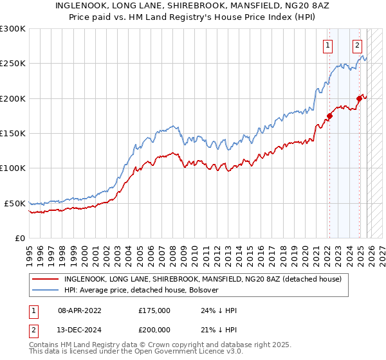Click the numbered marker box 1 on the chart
(x=328, y=45)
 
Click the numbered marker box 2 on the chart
(x=357, y=45)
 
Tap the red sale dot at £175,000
(x=329, y=116)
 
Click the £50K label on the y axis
(x=15, y=203)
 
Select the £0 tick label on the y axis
(x=19, y=238)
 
